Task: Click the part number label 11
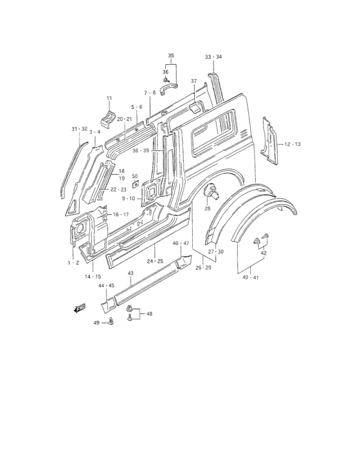pos(109,98)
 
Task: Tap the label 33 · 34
pos(213,57)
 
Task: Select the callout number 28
pos(207,209)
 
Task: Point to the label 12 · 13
pos(292,144)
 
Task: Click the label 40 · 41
pos(251,278)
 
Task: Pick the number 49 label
pos(96,323)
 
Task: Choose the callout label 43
pos(130,273)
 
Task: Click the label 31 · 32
pos(79,129)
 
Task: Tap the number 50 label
pos(135,176)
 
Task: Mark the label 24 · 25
pos(155,261)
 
